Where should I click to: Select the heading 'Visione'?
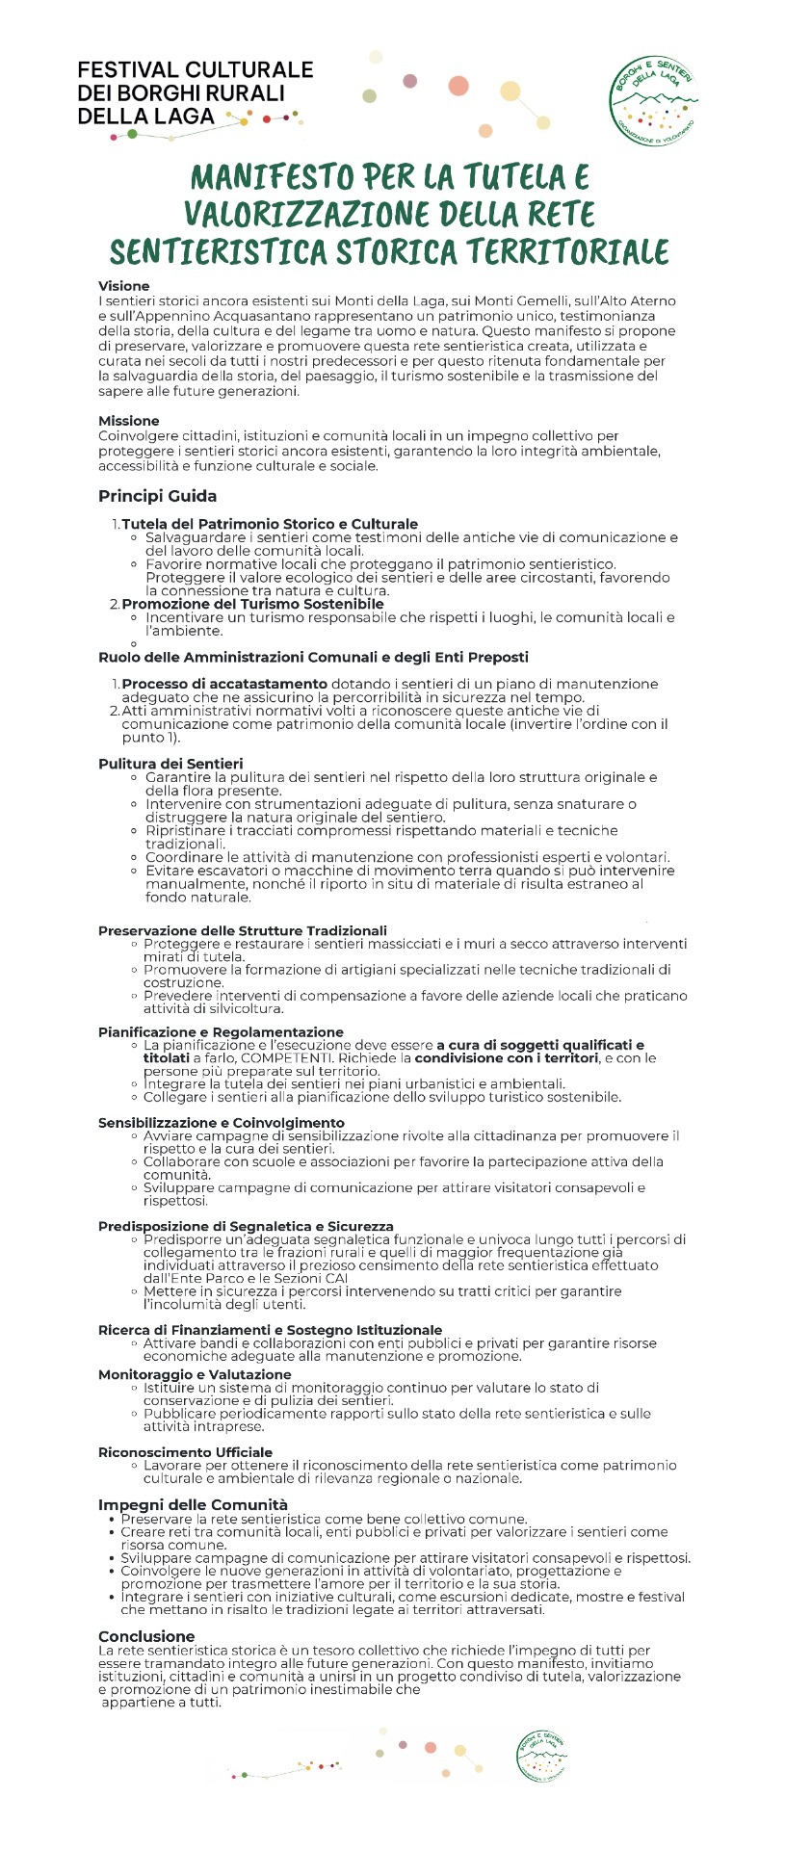coord(123,286)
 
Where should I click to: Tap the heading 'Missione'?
coord(128,421)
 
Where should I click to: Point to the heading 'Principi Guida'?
coord(157,496)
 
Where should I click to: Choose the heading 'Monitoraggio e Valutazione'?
coord(195,1374)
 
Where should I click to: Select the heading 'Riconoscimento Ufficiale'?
coord(185,1452)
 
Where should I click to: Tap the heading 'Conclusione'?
coord(146,1636)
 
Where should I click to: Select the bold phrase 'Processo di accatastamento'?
coord(224,684)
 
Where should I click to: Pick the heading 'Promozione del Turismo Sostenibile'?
coord(252,604)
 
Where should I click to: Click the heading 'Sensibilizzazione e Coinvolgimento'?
coord(222,1123)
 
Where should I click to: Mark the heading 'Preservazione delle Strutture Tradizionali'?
coord(243,930)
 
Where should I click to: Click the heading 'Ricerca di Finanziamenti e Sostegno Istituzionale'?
coord(271,1330)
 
